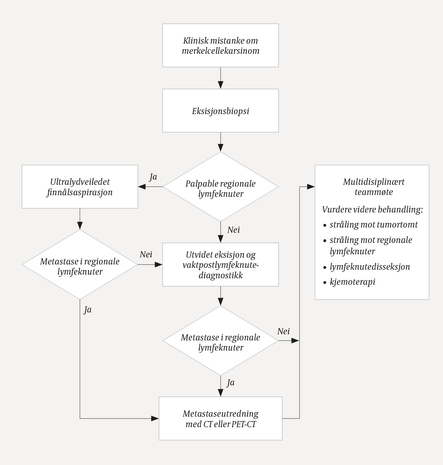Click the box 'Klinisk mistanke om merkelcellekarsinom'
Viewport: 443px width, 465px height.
[x=220, y=46]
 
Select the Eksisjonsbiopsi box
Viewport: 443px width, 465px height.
[x=220, y=111]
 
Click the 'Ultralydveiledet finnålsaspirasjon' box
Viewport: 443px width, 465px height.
[x=80, y=187]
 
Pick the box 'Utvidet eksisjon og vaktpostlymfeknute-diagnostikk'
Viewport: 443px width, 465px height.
[x=220, y=264]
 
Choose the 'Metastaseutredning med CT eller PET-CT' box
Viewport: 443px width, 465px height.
[x=220, y=418]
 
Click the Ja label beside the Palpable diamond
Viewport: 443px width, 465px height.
[x=153, y=177]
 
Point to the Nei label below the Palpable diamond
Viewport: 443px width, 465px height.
[x=234, y=230]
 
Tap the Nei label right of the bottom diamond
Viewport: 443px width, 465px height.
[x=283, y=331]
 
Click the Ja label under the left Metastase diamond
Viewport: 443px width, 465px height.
[x=88, y=310]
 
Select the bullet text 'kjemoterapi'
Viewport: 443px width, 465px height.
[x=352, y=282]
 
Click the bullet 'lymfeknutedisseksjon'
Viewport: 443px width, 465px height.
[x=370, y=266]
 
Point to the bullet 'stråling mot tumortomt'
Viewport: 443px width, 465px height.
[x=374, y=225]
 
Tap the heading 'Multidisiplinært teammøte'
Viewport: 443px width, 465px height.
[x=374, y=187]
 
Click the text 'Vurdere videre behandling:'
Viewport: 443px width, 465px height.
[x=372, y=210]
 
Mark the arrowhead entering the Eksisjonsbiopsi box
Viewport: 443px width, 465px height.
[x=220, y=85]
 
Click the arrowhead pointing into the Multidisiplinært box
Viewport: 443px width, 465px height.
[x=311, y=187]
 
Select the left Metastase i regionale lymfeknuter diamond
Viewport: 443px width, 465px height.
[x=80, y=264]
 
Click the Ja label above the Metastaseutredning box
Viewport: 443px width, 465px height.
[x=231, y=383]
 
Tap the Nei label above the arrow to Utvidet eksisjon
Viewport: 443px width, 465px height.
[x=146, y=254]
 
